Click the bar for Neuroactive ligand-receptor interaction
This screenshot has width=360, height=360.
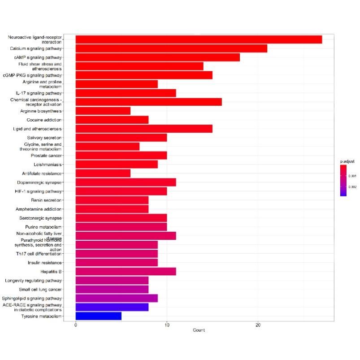199,39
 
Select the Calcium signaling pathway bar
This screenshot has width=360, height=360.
171,48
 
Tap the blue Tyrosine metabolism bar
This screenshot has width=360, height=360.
98,316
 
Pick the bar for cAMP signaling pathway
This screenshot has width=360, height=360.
157,57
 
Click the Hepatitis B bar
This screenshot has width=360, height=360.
126,271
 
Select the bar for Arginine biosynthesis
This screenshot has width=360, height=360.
103,111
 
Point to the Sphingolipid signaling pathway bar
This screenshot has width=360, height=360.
117,298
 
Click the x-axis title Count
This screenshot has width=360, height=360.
199,330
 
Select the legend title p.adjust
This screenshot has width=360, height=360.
347,160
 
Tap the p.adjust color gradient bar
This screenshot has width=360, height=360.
343,181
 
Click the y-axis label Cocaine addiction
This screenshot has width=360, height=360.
44,120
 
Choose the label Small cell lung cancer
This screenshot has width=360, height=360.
40,289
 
